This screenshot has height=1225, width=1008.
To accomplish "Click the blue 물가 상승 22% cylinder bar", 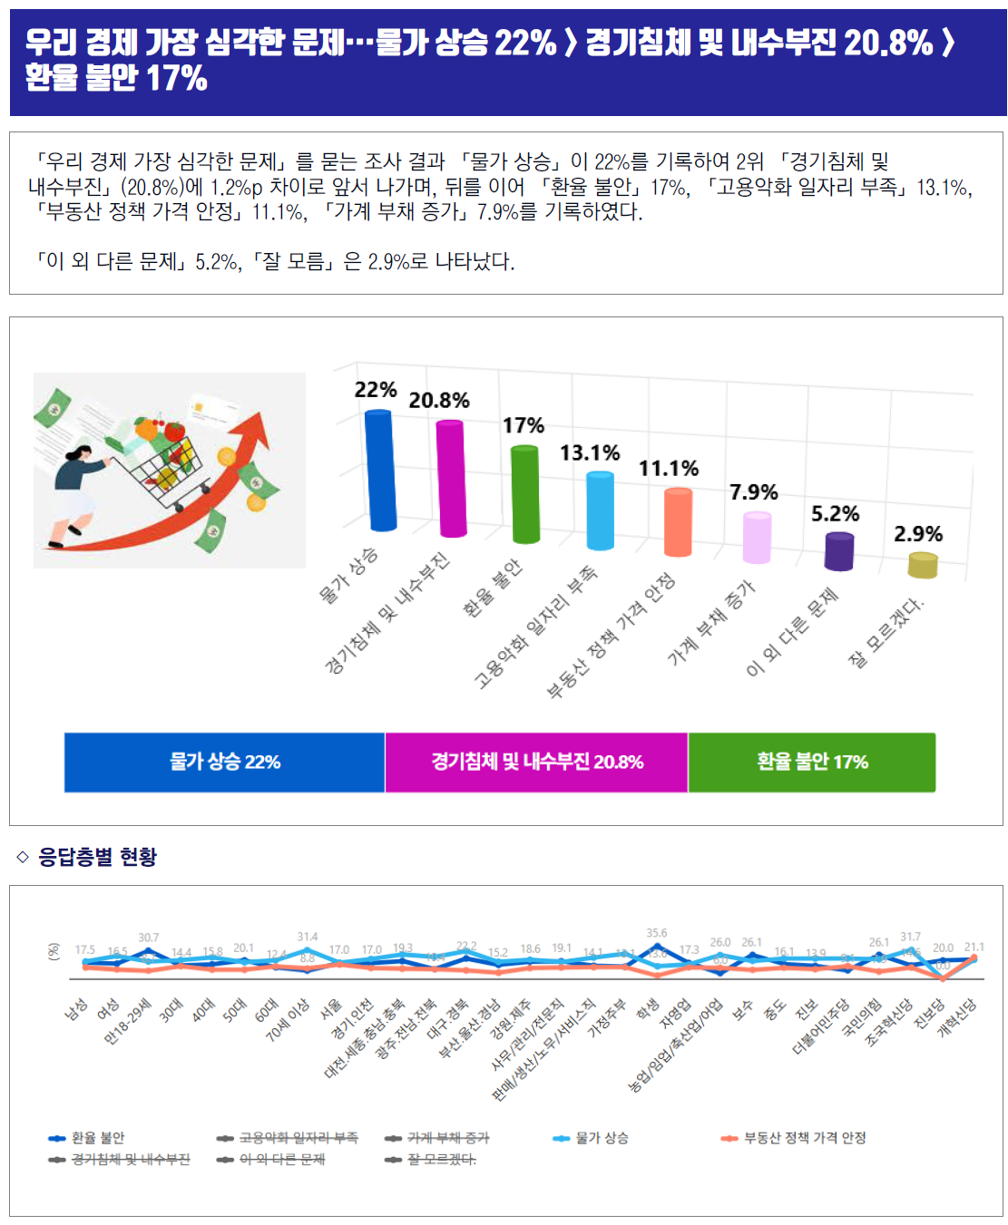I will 380,470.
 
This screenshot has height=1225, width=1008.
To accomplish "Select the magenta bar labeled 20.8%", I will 451,478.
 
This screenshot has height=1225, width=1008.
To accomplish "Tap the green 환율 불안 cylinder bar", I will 524,494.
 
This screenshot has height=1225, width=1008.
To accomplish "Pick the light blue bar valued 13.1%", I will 600,510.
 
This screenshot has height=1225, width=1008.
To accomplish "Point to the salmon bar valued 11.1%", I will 678,521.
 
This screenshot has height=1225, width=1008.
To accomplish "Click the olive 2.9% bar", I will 923,566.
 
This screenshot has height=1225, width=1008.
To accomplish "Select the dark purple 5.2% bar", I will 839,551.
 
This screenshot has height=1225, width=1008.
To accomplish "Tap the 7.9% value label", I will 754,492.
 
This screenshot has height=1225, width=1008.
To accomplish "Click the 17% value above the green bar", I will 524,425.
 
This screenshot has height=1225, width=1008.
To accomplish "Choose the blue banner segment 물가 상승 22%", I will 225,762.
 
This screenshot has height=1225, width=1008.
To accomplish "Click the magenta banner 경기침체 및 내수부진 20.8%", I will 537,762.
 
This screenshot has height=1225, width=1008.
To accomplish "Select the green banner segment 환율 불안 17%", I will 812,762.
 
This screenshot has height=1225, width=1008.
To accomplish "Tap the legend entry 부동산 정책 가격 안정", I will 804,1138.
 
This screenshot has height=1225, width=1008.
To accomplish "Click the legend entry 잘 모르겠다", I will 441,1160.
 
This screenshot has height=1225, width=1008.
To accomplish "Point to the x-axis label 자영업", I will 677,1014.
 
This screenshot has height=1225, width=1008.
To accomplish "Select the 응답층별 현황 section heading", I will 97,857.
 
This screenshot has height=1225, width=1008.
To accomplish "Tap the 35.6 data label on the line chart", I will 657,933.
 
